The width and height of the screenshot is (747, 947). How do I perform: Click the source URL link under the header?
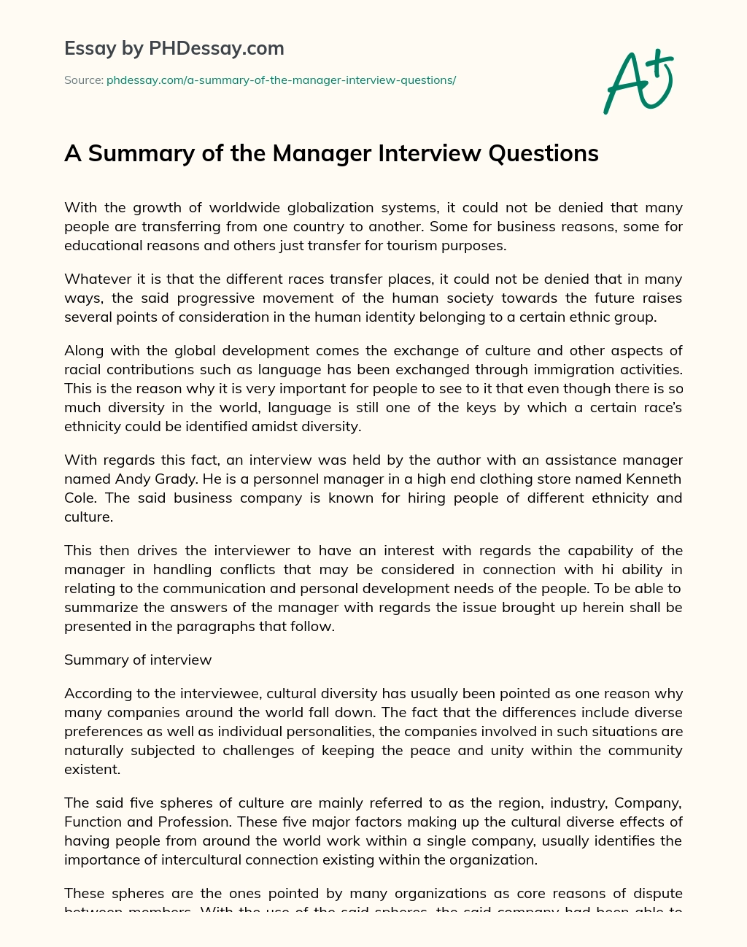(x=281, y=80)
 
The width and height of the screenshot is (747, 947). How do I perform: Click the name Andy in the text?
(x=133, y=479)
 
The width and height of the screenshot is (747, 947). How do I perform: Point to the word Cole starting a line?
(x=78, y=498)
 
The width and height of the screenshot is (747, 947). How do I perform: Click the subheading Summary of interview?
(x=138, y=660)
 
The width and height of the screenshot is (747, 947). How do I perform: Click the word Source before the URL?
(x=82, y=80)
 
